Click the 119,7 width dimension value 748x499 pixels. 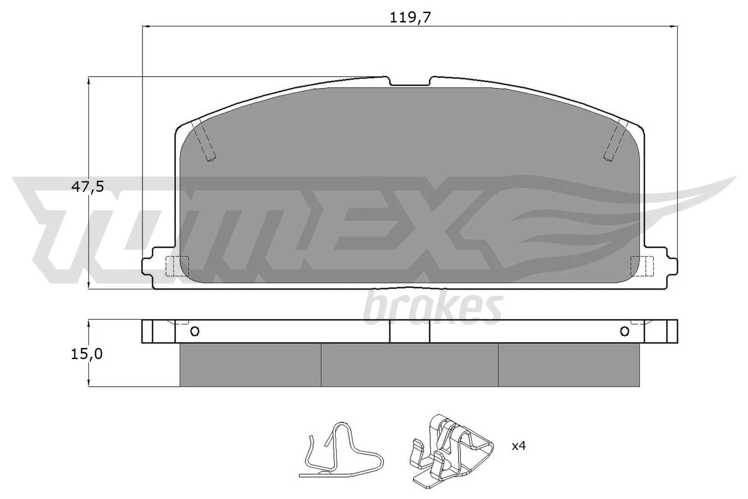410,18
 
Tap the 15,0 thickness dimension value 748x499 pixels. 86,354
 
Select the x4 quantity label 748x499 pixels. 518,446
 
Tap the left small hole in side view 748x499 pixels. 195,332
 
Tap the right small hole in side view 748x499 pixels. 625,332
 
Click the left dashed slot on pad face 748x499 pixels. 204,140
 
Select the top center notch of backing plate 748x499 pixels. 410,81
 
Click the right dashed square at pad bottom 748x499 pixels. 641,266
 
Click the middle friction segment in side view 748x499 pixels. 410,365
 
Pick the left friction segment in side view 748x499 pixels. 250,365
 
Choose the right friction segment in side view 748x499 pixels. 568,365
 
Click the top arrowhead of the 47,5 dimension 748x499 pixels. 88,80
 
